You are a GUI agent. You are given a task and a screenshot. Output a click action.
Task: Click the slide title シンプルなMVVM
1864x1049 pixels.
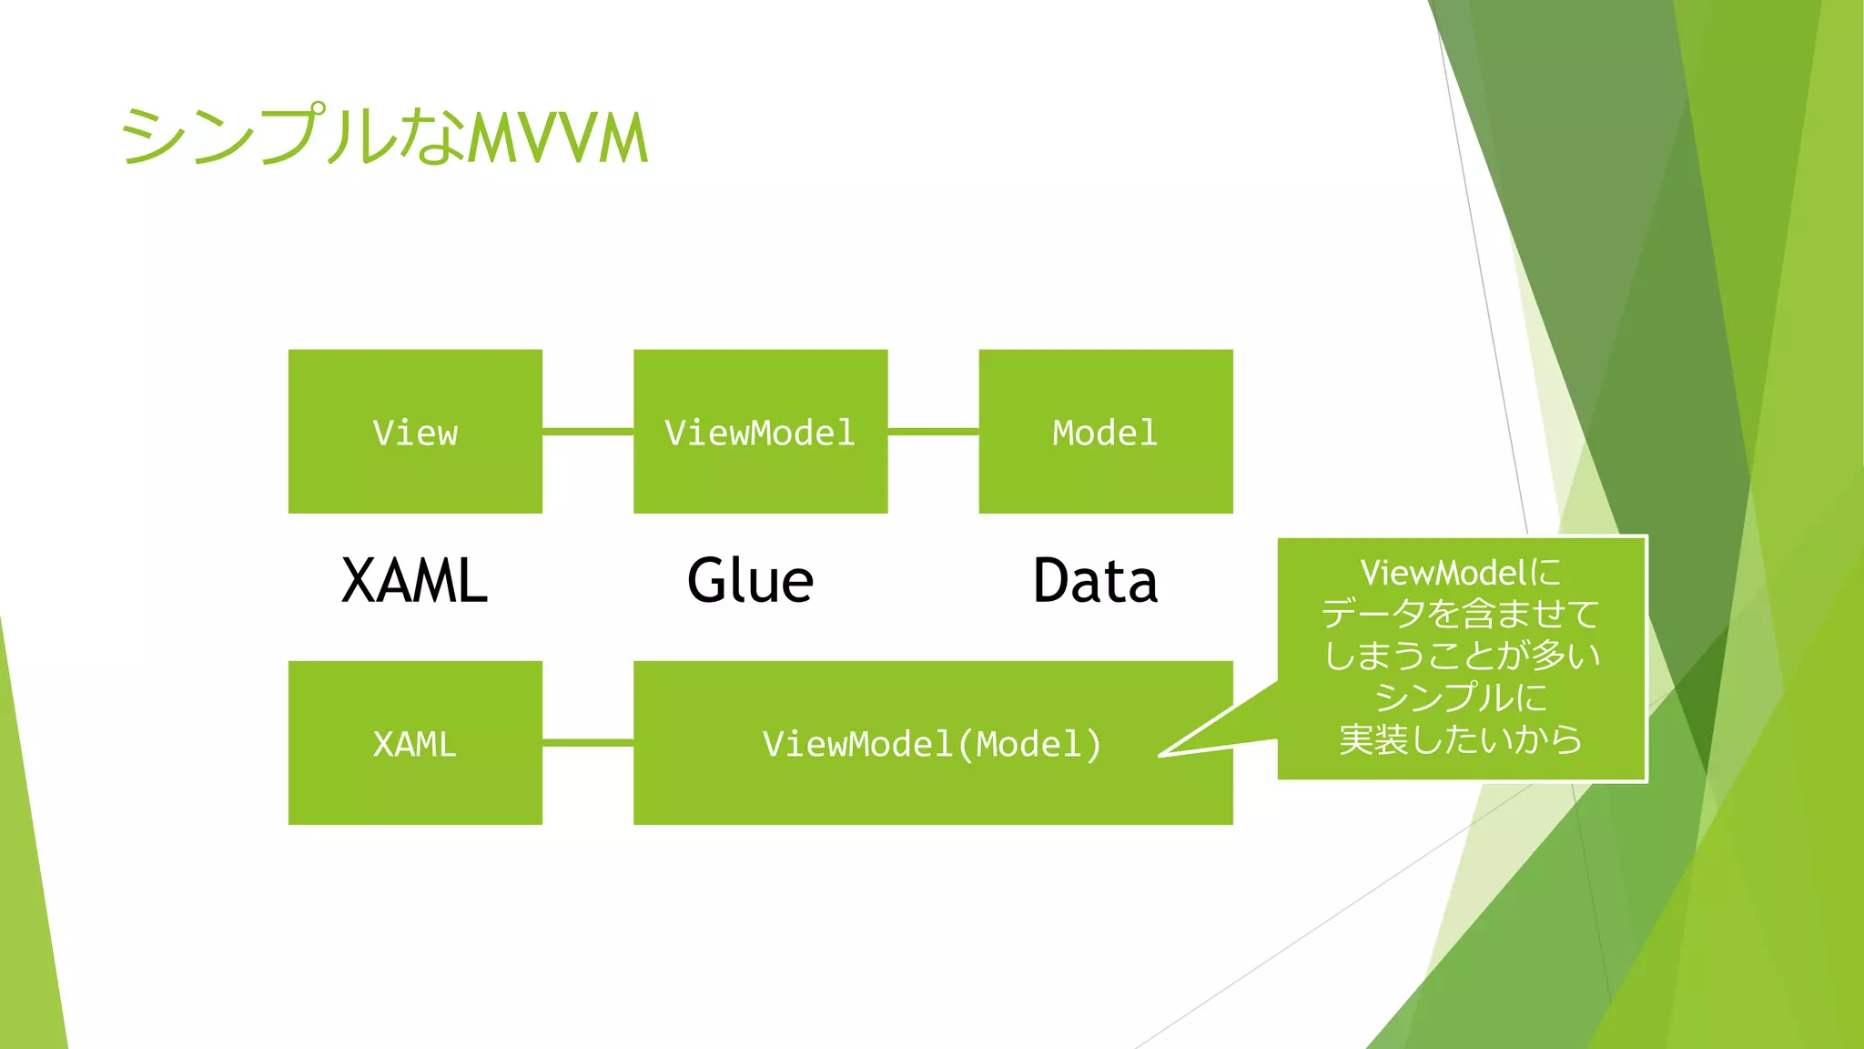click(x=383, y=137)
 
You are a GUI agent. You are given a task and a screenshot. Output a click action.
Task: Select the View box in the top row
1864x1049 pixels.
click(x=415, y=432)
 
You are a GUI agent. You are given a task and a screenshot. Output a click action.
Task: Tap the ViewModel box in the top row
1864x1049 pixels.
click(x=760, y=432)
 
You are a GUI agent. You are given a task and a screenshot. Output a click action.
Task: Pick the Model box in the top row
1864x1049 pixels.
click(x=1105, y=432)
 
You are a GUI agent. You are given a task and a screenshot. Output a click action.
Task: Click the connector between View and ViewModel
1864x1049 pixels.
click(x=588, y=432)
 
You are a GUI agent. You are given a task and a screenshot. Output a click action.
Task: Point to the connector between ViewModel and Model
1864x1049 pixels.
click(x=933, y=432)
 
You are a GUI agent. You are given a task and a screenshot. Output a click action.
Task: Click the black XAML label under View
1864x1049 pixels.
click(x=414, y=581)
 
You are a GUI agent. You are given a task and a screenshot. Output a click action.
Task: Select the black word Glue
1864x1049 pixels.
click(x=750, y=581)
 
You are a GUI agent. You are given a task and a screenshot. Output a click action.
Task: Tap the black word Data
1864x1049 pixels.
click(x=1095, y=581)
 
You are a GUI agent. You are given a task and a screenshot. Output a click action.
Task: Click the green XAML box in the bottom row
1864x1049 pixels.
click(x=415, y=743)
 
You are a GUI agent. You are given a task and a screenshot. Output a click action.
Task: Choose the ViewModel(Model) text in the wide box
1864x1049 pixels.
click(x=932, y=744)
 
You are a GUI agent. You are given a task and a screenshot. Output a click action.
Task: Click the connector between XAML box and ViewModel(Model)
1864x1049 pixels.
click(x=588, y=743)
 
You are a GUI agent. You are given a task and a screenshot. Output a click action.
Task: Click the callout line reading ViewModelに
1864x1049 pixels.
click(x=1461, y=573)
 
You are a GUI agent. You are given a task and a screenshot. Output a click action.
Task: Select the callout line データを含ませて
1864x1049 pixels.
click(x=1461, y=614)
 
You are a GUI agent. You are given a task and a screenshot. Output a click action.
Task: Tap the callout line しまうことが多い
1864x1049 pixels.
click(x=1461, y=656)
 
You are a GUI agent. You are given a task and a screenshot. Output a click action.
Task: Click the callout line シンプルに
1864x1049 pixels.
click(x=1461, y=698)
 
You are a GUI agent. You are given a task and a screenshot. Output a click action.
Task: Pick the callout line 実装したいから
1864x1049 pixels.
click(x=1461, y=739)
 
